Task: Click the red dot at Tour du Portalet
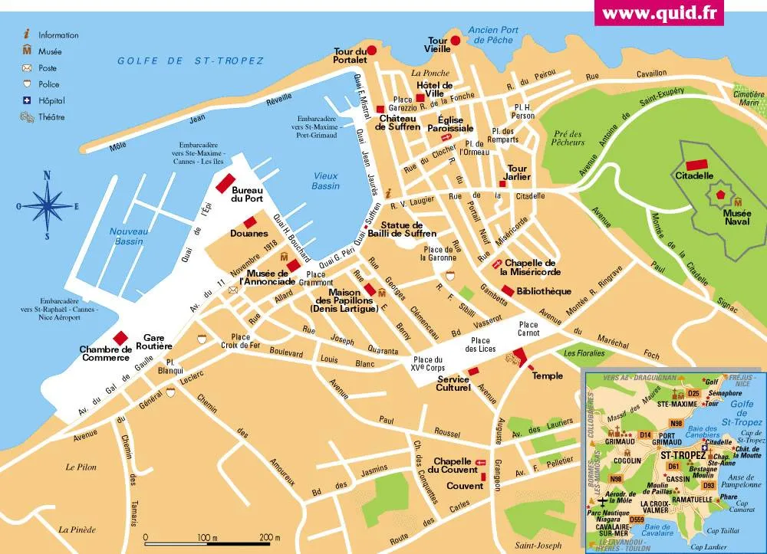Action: coord(372,51)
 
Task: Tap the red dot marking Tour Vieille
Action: coord(455,41)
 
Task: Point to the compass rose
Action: coord(47,205)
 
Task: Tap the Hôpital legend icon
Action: coord(27,101)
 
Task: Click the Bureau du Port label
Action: coord(247,195)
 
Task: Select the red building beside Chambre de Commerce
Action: coord(120,338)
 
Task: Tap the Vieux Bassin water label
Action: coord(325,181)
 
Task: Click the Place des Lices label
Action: coord(481,345)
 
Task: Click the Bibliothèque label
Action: coord(545,291)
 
